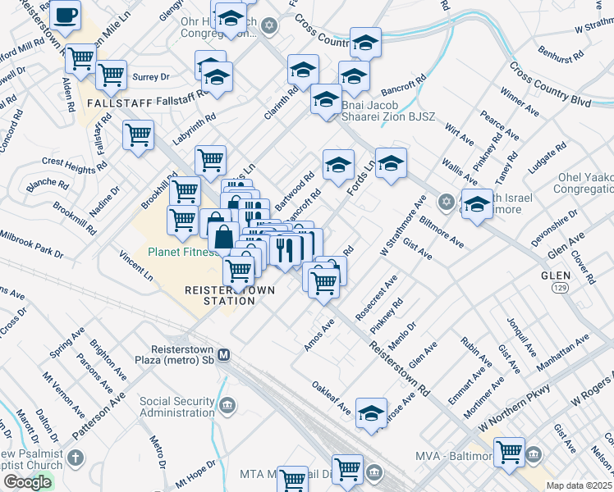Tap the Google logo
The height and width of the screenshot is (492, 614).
click(27, 482)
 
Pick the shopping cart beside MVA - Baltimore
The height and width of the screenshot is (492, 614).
click(510, 450)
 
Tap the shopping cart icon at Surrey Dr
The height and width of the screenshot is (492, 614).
click(111, 75)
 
